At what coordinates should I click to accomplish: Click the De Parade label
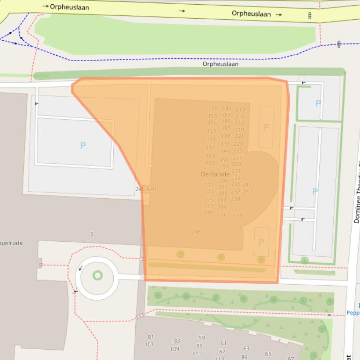215,174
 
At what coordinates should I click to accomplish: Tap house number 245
197,232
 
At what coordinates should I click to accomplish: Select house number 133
237,216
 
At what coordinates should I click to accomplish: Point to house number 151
213,108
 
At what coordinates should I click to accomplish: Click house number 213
240,110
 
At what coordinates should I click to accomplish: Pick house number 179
208,213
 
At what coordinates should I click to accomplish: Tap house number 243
247,191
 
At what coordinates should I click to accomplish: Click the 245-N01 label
146,189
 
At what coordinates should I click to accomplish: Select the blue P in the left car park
83,145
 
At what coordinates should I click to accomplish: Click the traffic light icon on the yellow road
309,16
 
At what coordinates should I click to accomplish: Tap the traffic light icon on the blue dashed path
339,44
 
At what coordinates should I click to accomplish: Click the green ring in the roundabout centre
97,275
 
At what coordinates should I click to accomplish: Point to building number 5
92,234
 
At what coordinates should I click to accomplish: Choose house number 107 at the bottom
149,345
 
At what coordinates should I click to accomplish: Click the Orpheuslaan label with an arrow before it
69,7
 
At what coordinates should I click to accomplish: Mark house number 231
236,171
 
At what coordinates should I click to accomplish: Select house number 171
209,185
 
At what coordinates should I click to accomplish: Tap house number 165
210,163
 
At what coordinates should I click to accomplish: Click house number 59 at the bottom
201,338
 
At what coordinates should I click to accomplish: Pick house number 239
235,199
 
